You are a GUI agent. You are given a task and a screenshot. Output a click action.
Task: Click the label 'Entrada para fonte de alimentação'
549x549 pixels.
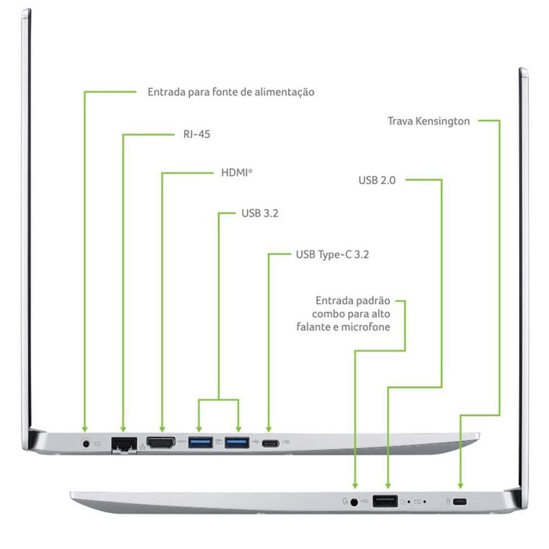pos(231,92)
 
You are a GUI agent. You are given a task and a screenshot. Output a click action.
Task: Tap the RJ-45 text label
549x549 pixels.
pos(197,134)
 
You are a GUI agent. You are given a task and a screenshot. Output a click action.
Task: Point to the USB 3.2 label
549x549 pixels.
pos(260,213)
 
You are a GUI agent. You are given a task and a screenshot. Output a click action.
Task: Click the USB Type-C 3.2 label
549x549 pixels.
pos(335,255)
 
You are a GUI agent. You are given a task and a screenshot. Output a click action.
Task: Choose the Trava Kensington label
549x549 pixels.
pos(428,121)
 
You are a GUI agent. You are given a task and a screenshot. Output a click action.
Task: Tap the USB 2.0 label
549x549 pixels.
pos(377,180)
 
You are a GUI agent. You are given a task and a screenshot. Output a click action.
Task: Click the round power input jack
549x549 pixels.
pos(86,442)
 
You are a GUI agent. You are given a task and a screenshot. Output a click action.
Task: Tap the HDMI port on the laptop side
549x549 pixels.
pos(161,442)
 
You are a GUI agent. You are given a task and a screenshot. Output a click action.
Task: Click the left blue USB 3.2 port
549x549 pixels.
pos(200,441)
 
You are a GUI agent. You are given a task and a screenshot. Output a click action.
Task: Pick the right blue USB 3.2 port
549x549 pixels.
pos(237,441)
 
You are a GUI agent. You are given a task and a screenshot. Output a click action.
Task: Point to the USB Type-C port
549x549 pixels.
pos(270,443)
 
